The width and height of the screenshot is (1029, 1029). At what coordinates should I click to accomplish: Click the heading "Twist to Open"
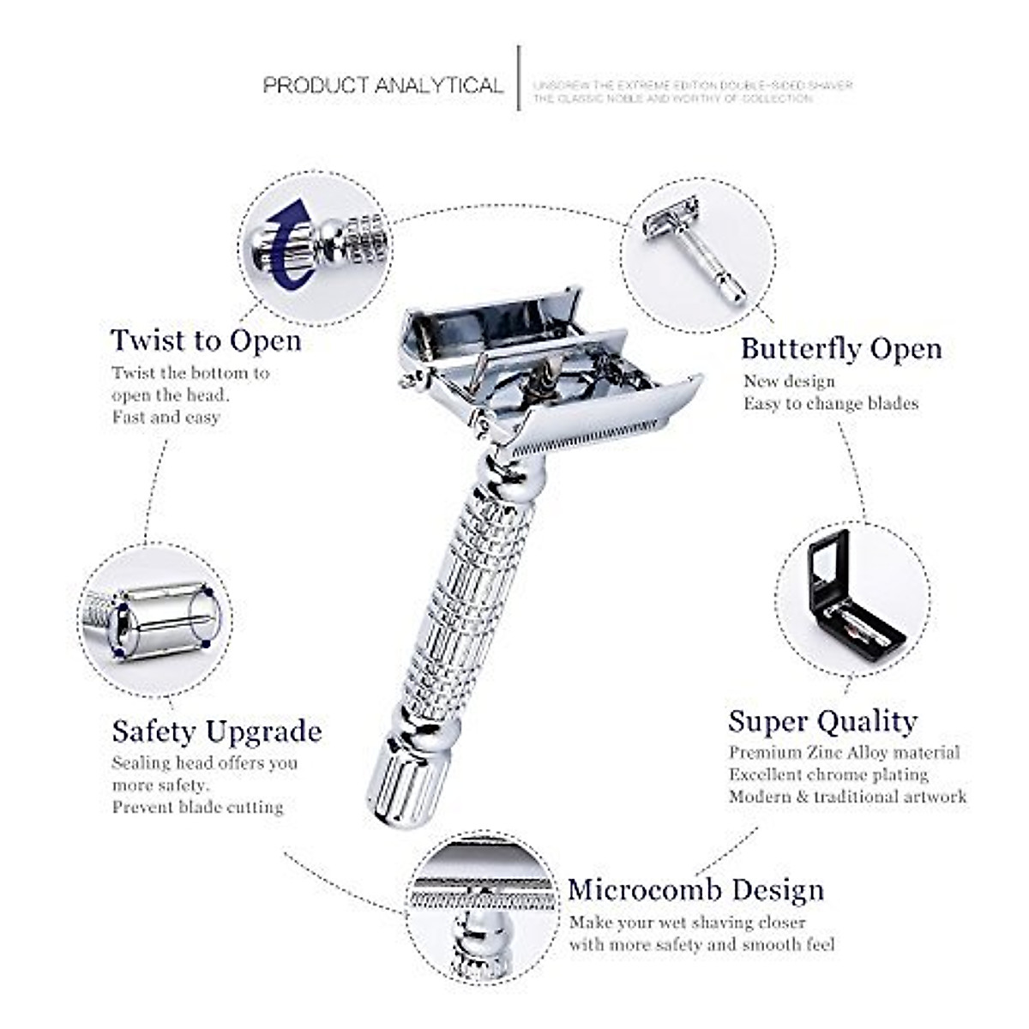click(206, 340)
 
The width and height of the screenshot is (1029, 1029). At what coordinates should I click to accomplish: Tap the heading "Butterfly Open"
click(841, 349)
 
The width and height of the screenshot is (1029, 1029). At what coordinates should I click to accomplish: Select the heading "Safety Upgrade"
click(217, 731)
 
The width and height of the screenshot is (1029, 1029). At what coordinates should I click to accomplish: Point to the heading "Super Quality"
click(822, 721)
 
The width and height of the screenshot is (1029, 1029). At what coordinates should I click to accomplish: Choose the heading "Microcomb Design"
click(695, 890)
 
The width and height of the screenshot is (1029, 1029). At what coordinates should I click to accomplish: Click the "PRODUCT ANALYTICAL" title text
click(382, 86)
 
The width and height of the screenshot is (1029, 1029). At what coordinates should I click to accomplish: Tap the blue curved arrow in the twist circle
click(287, 244)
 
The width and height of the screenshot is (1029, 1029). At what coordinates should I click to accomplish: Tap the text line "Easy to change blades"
click(830, 403)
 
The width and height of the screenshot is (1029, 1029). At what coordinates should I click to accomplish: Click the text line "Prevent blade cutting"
click(197, 807)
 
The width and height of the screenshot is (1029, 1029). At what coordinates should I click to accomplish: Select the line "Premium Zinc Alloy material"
click(844, 753)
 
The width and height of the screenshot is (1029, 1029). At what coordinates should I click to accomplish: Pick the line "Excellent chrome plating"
click(828, 774)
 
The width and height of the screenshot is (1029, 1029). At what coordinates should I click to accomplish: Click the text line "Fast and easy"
click(165, 418)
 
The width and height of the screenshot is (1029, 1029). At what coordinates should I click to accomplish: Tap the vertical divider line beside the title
click(519, 78)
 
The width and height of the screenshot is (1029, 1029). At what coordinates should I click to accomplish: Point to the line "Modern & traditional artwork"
click(847, 797)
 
